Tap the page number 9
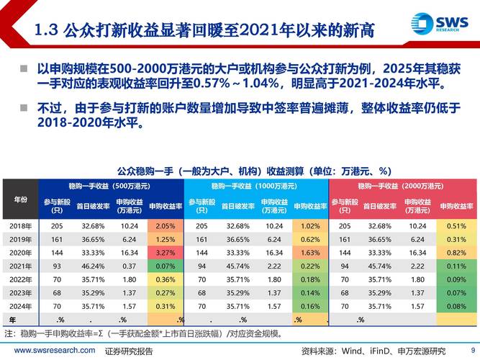(472, 350)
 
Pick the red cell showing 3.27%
(165, 253)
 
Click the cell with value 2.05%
(165, 226)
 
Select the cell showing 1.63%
(309, 253)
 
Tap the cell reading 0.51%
(456, 226)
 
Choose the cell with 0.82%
(456, 253)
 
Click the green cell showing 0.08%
(456, 306)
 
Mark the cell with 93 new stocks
(58, 266)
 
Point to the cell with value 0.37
(130, 266)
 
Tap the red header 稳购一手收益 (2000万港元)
(402, 186)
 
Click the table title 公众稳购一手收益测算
(243, 171)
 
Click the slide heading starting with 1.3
(205, 30)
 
